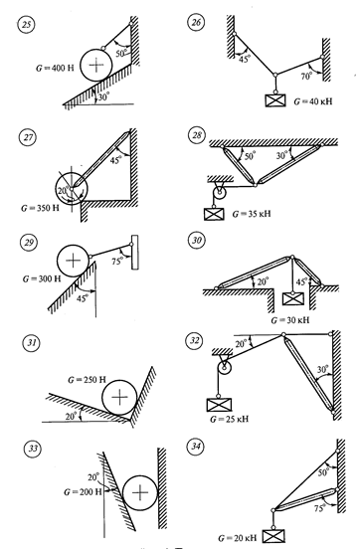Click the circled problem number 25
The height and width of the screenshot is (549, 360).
26,25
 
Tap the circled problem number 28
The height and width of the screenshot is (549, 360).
197,135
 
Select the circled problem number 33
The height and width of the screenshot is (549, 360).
32,449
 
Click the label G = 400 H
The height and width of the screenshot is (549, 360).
55,68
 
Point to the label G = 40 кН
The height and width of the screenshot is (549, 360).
313,101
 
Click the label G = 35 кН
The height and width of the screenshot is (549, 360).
252,214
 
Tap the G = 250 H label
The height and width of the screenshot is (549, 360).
87,380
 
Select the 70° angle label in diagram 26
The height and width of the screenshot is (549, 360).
305,76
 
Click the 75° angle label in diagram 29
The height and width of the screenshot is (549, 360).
117,261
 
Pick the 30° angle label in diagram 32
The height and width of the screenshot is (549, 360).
322,369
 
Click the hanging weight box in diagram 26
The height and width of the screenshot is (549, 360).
275,100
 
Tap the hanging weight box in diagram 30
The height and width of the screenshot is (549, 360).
293,298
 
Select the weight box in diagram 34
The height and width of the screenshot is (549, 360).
273,536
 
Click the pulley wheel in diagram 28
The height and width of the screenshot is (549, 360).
220,192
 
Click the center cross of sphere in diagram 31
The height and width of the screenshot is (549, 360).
119,397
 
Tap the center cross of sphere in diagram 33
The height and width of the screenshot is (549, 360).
140,492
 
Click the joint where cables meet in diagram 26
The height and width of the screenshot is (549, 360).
275,75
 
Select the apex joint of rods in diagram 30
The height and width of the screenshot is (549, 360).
292,257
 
